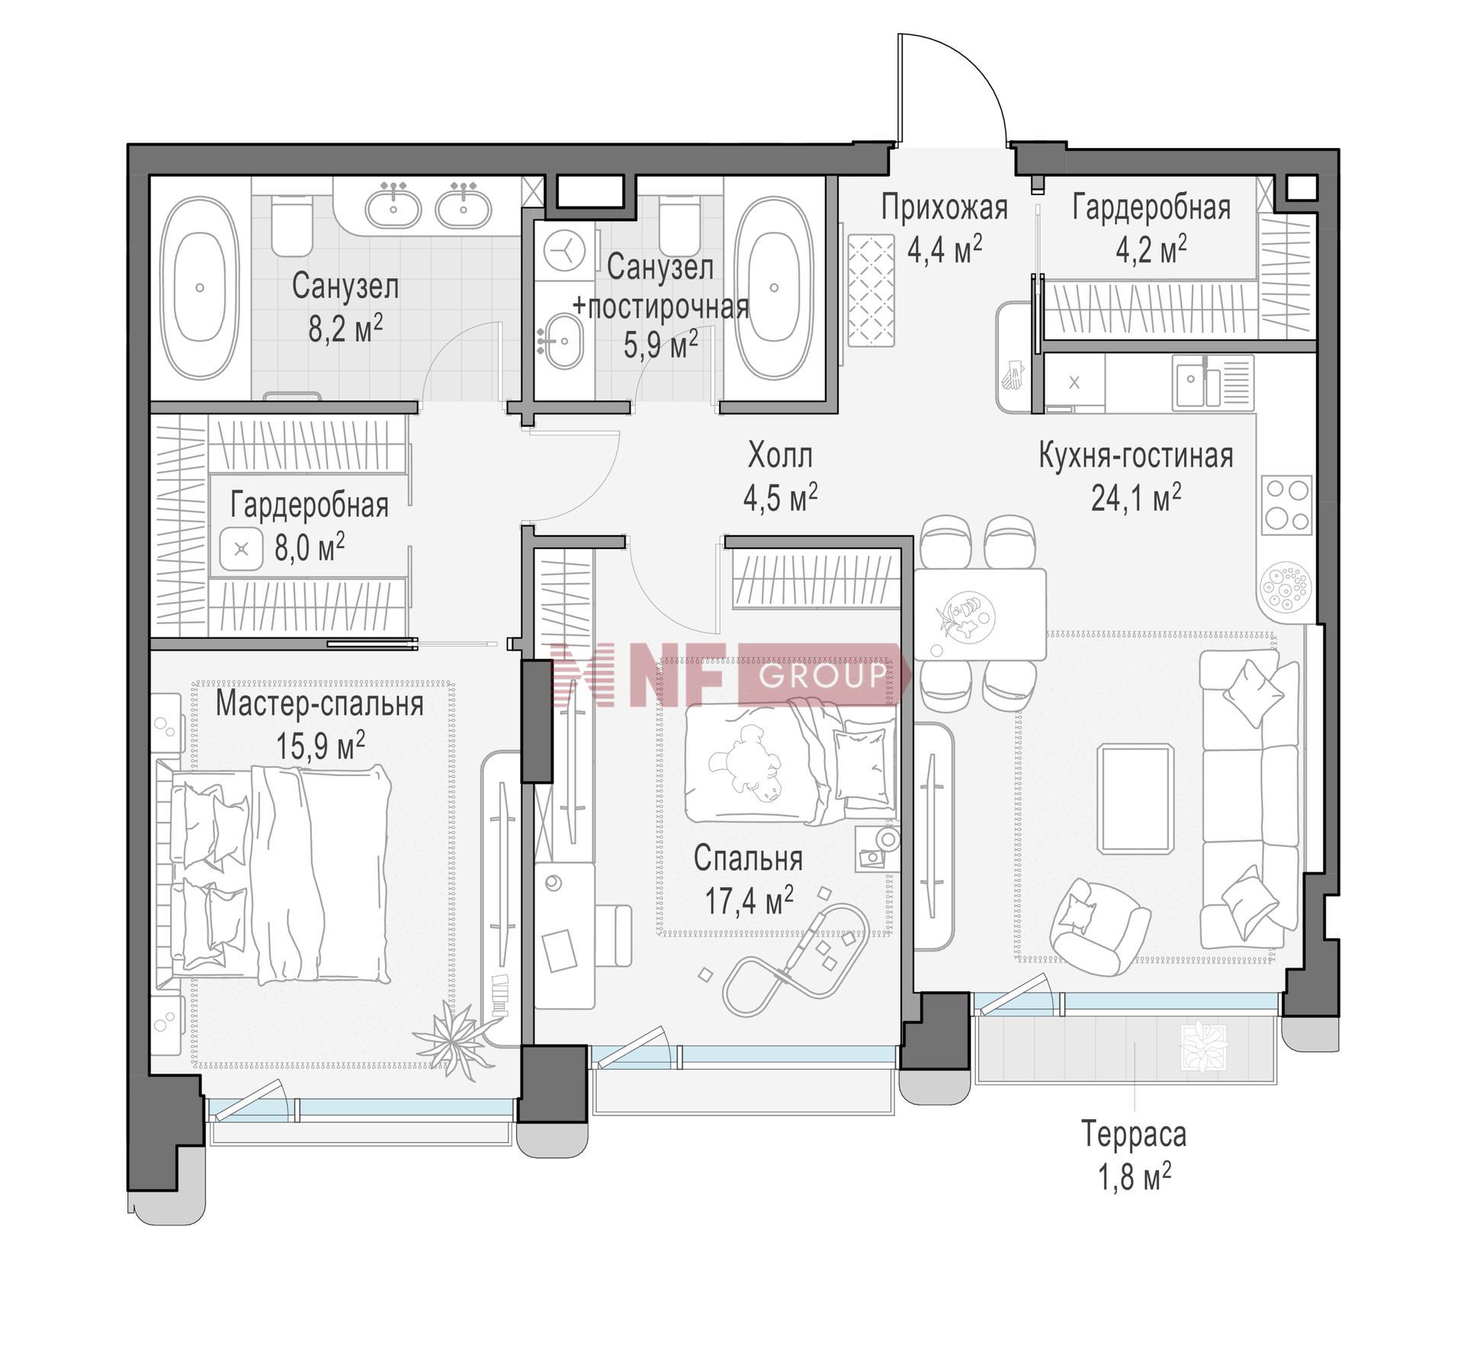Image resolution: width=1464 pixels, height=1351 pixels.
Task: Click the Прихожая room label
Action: point(944,207)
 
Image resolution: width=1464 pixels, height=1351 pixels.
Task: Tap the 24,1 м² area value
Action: point(1136,498)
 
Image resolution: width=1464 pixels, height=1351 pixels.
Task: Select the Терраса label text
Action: point(1134,1134)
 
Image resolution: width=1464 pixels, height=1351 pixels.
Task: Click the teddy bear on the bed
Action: point(743,765)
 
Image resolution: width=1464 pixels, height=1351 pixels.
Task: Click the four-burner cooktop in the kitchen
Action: point(1286,504)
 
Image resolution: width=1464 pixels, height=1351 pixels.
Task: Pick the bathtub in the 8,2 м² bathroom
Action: point(200,288)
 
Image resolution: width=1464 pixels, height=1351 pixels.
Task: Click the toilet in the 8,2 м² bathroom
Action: point(291,224)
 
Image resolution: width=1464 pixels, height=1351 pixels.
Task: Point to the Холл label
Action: point(780,456)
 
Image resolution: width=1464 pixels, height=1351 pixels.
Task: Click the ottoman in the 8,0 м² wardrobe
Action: point(242,549)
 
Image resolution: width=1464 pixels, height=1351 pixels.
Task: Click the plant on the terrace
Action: point(1205,1047)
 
